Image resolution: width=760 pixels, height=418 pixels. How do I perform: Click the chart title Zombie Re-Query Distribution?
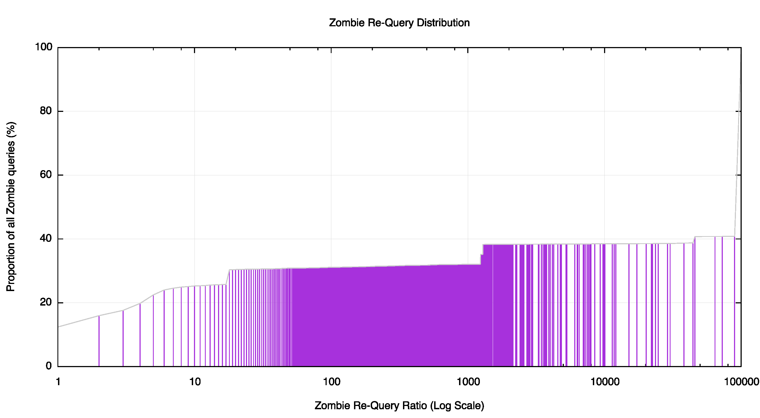(399, 23)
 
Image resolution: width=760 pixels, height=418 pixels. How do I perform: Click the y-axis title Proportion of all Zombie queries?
(11, 207)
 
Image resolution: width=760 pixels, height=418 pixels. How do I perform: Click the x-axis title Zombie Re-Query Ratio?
(399, 405)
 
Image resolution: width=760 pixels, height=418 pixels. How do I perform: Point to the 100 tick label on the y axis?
(44, 47)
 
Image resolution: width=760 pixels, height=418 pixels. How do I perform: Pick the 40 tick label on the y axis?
(46, 238)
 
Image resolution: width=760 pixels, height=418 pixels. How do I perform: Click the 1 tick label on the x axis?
(58, 382)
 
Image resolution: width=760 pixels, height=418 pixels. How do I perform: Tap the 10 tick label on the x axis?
(195, 382)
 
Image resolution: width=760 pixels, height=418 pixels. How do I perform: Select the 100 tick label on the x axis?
(331, 382)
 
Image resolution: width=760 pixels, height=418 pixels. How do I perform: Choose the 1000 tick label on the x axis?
(468, 382)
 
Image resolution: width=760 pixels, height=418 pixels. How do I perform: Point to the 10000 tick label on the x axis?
(605, 382)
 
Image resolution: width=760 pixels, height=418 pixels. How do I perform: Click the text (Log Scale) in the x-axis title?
(457, 405)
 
